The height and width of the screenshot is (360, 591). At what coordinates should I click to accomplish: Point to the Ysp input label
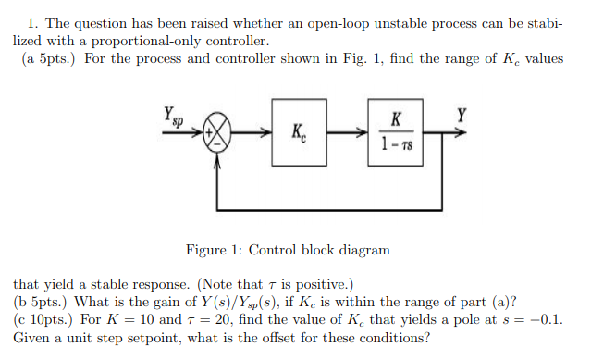173,117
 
